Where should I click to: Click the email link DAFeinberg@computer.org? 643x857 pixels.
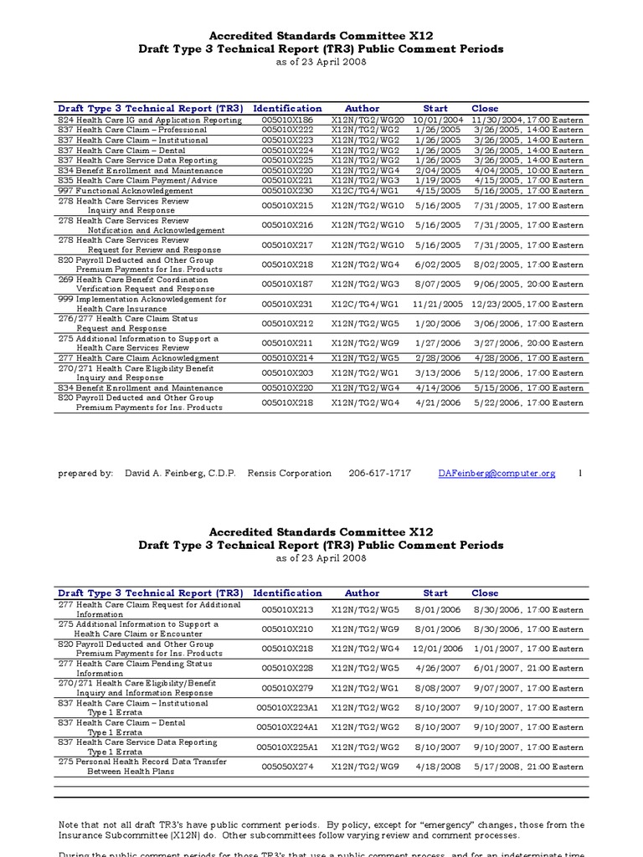496,474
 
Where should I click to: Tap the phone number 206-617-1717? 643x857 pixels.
379,474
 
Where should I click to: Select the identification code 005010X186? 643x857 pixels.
287,120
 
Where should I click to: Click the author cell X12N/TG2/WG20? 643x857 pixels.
367,120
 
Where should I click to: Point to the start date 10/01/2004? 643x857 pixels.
436,120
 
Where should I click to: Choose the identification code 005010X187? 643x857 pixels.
287,285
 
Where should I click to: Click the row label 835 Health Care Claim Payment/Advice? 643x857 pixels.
130,181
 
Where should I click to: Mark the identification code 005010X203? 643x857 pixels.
287,373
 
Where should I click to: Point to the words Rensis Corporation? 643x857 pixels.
289,474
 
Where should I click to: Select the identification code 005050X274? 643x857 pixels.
287,767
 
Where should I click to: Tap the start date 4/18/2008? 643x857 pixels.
440,767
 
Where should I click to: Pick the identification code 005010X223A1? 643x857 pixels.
287,708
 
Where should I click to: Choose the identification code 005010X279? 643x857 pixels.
287,689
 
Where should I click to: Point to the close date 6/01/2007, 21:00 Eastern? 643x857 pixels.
527,669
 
